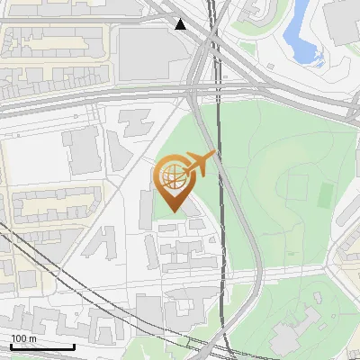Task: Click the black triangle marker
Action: pyautogui.click(x=182, y=23)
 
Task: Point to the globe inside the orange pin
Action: pyautogui.click(x=173, y=176)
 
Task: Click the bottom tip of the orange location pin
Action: pyautogui.click(x=172, y=211)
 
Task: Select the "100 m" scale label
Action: pyautogui.click(x=23, y=337)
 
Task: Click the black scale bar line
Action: pyautogui.click(x=42, y=346)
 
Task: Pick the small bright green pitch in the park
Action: pyautogui.click(x=326, y=193)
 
